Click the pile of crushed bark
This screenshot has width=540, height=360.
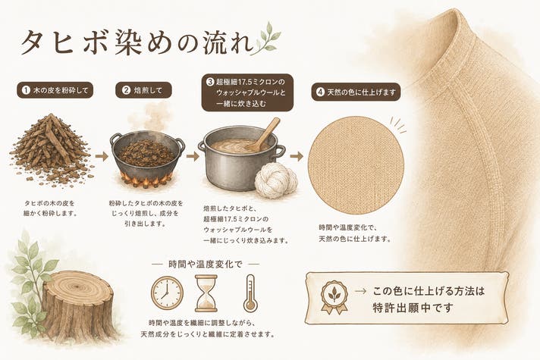(52, 150)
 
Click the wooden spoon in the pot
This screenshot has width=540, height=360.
(263, 134)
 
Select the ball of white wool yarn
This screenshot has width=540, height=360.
(275, 180)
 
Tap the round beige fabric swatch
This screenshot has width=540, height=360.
(356, 165)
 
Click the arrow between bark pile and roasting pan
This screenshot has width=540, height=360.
(102, 157)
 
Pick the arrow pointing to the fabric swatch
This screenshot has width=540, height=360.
(297, 157)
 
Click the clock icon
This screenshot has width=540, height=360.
(167, 293)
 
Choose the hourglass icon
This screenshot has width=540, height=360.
(206, 293)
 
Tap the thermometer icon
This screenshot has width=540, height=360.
(250, 293)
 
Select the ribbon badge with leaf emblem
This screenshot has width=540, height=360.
(334, 296)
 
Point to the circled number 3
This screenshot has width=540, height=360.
(210, 82)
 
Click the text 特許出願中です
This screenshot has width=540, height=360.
(412, 308)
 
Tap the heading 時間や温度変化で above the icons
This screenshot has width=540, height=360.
(206, 265)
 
